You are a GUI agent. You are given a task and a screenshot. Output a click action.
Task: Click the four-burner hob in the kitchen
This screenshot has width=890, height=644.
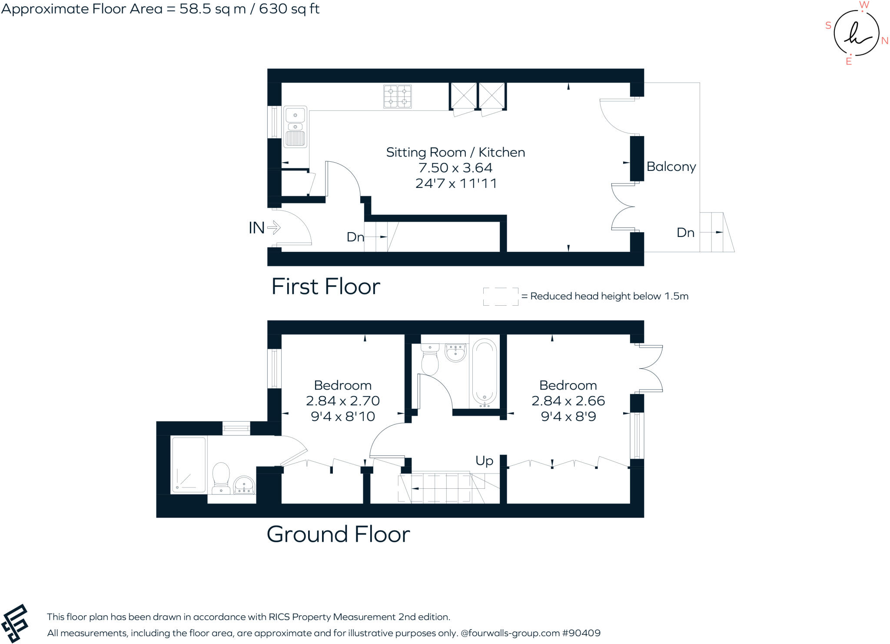tap(397, 97)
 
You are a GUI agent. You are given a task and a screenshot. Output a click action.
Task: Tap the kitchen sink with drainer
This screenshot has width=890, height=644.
tap(296, 127)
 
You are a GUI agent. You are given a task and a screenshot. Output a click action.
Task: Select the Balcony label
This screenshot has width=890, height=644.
tap(671, 167)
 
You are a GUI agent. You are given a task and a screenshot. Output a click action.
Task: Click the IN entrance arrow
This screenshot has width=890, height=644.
tap(274, 227)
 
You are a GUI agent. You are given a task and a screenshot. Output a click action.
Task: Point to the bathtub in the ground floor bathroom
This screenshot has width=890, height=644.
tap(484, 372)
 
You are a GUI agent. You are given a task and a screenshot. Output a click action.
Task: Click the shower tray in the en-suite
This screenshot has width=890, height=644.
tap(189, 465)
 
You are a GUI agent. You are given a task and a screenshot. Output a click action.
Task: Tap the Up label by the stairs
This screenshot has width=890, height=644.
tap(484, 460)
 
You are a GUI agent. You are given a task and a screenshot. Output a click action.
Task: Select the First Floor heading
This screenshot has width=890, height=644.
tap(325, 287)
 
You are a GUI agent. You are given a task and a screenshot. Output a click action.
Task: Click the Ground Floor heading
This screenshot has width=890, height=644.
tap(338, 534)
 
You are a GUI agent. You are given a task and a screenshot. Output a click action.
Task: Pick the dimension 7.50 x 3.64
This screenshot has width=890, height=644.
tap(455, 168)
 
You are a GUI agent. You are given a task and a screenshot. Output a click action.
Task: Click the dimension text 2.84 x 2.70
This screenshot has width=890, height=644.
tap(342, 401)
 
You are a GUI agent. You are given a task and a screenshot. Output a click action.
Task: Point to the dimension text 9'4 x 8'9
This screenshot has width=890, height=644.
tap(568, 417)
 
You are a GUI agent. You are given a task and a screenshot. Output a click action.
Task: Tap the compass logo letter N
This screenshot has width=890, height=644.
tap(884, 41)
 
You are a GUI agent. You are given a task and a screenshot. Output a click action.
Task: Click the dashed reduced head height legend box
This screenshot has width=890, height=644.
tap(500, 297)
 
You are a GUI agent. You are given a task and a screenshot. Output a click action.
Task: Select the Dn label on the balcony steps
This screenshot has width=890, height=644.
tap(685, 233)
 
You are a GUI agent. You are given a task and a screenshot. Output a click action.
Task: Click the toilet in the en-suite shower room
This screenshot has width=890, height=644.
tap(221, 477)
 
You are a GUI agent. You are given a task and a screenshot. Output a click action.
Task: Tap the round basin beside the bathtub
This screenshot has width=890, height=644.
tap(455, 352)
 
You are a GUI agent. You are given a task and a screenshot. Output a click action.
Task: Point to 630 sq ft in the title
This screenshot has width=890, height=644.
tap(289, 9)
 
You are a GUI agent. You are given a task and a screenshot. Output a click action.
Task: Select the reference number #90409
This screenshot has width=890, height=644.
tap(581, 633)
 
